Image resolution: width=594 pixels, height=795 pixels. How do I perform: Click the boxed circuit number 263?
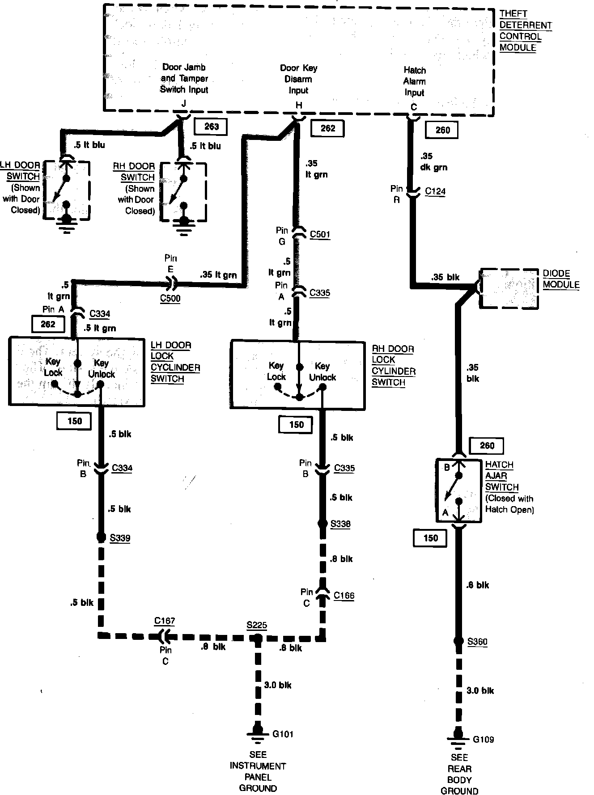[211, 127]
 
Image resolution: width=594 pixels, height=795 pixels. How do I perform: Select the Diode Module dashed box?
[509, 288]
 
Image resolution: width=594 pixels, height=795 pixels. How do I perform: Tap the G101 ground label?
[283, 734]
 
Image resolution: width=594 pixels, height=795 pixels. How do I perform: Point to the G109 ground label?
[484, 739]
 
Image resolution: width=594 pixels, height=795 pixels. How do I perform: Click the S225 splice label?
[257, 625]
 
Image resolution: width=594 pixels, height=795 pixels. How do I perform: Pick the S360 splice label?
[477, 642]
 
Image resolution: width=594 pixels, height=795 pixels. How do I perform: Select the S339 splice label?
[120, 537]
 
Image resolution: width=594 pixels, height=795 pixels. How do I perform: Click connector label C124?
[435, 191]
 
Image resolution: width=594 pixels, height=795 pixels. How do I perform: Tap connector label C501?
[320, 234]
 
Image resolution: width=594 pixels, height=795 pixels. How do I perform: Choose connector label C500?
[170, 298]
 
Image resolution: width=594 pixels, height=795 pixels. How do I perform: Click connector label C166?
[344, 595]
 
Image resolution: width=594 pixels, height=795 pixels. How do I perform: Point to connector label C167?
[165, 621]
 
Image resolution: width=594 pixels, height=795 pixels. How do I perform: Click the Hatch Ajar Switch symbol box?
[459, 490]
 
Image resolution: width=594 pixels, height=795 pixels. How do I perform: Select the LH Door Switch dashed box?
[67, 190]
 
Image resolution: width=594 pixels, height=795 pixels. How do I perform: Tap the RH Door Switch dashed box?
[184, 191]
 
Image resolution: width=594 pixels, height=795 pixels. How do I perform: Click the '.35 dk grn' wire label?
[433, 162]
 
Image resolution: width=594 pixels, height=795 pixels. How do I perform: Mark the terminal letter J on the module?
[184, 104]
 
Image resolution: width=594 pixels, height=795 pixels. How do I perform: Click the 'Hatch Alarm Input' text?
[415, 81]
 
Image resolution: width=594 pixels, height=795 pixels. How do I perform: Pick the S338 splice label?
[340, 524]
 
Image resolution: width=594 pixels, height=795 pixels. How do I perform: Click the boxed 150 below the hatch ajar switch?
[430, 538]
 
